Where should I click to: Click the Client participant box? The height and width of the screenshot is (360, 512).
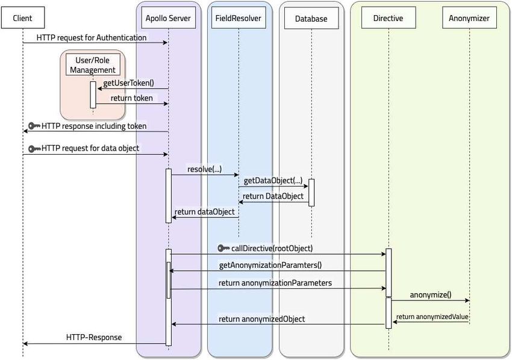pos(22,17)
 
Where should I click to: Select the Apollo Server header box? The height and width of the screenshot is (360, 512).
pos(168,17)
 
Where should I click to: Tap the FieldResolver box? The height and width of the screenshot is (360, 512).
pos(239,17)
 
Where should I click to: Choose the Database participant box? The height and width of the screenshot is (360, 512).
pos(311,18)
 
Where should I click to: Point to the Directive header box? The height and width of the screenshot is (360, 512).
pos(389,17)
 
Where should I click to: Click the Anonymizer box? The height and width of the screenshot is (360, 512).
pos(469,17)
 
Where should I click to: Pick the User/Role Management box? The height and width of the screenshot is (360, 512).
pos(93,64)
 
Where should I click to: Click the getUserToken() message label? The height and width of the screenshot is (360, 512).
pos(129,83)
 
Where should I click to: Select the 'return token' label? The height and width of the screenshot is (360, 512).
pos(131,98)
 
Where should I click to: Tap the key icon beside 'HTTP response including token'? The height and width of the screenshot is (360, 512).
pos(34,126)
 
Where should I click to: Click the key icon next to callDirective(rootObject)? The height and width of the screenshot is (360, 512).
pos(223,249)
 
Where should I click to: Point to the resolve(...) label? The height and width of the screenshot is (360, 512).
pos(204,169)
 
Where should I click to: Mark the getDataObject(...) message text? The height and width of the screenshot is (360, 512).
pos(273,181)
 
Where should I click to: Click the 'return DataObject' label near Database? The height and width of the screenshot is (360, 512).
pos(273,196)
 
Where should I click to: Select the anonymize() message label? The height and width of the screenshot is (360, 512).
pos(431,295)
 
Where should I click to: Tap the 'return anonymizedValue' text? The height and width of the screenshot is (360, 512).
pos(432,317)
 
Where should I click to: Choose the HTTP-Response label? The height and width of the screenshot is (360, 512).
pos(94,337)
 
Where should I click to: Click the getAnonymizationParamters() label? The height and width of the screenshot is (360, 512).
pos(270,265)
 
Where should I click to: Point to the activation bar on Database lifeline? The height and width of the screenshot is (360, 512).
pos(311,193)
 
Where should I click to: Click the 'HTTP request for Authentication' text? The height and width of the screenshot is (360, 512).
pos(92,37)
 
